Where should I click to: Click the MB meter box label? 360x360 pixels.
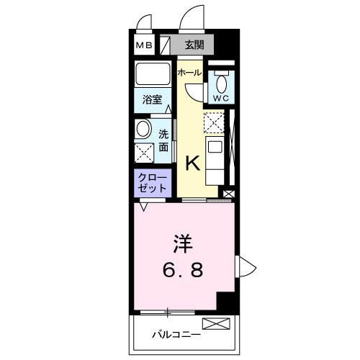144,46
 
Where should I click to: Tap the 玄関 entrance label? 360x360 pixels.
194,45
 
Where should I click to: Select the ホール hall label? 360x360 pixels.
189,72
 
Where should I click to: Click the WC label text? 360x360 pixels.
220,97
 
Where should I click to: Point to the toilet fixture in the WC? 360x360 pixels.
220,81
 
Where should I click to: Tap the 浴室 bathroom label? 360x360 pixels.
150,101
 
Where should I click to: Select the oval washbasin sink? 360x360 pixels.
143,130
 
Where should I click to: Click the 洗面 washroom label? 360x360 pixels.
164,140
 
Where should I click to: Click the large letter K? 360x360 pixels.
193,163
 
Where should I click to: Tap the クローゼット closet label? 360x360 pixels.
152,182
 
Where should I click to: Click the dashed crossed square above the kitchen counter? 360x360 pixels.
215,124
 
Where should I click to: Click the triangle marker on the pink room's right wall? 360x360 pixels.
243,266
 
